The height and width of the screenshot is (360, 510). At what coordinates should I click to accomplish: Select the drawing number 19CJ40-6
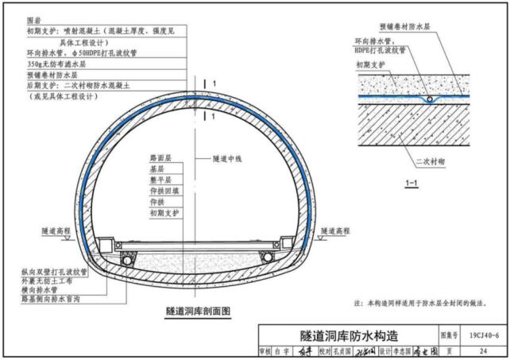coord(484,336)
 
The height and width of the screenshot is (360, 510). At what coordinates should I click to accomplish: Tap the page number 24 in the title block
coord(484,350)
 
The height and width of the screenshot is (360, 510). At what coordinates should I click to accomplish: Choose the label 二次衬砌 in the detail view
coord(429,161)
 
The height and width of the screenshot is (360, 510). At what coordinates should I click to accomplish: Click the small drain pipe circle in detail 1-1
coord(430,100)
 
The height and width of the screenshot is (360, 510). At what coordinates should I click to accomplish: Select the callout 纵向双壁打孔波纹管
coord(54,272)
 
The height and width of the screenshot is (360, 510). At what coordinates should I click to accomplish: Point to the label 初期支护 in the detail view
coord(370,65)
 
